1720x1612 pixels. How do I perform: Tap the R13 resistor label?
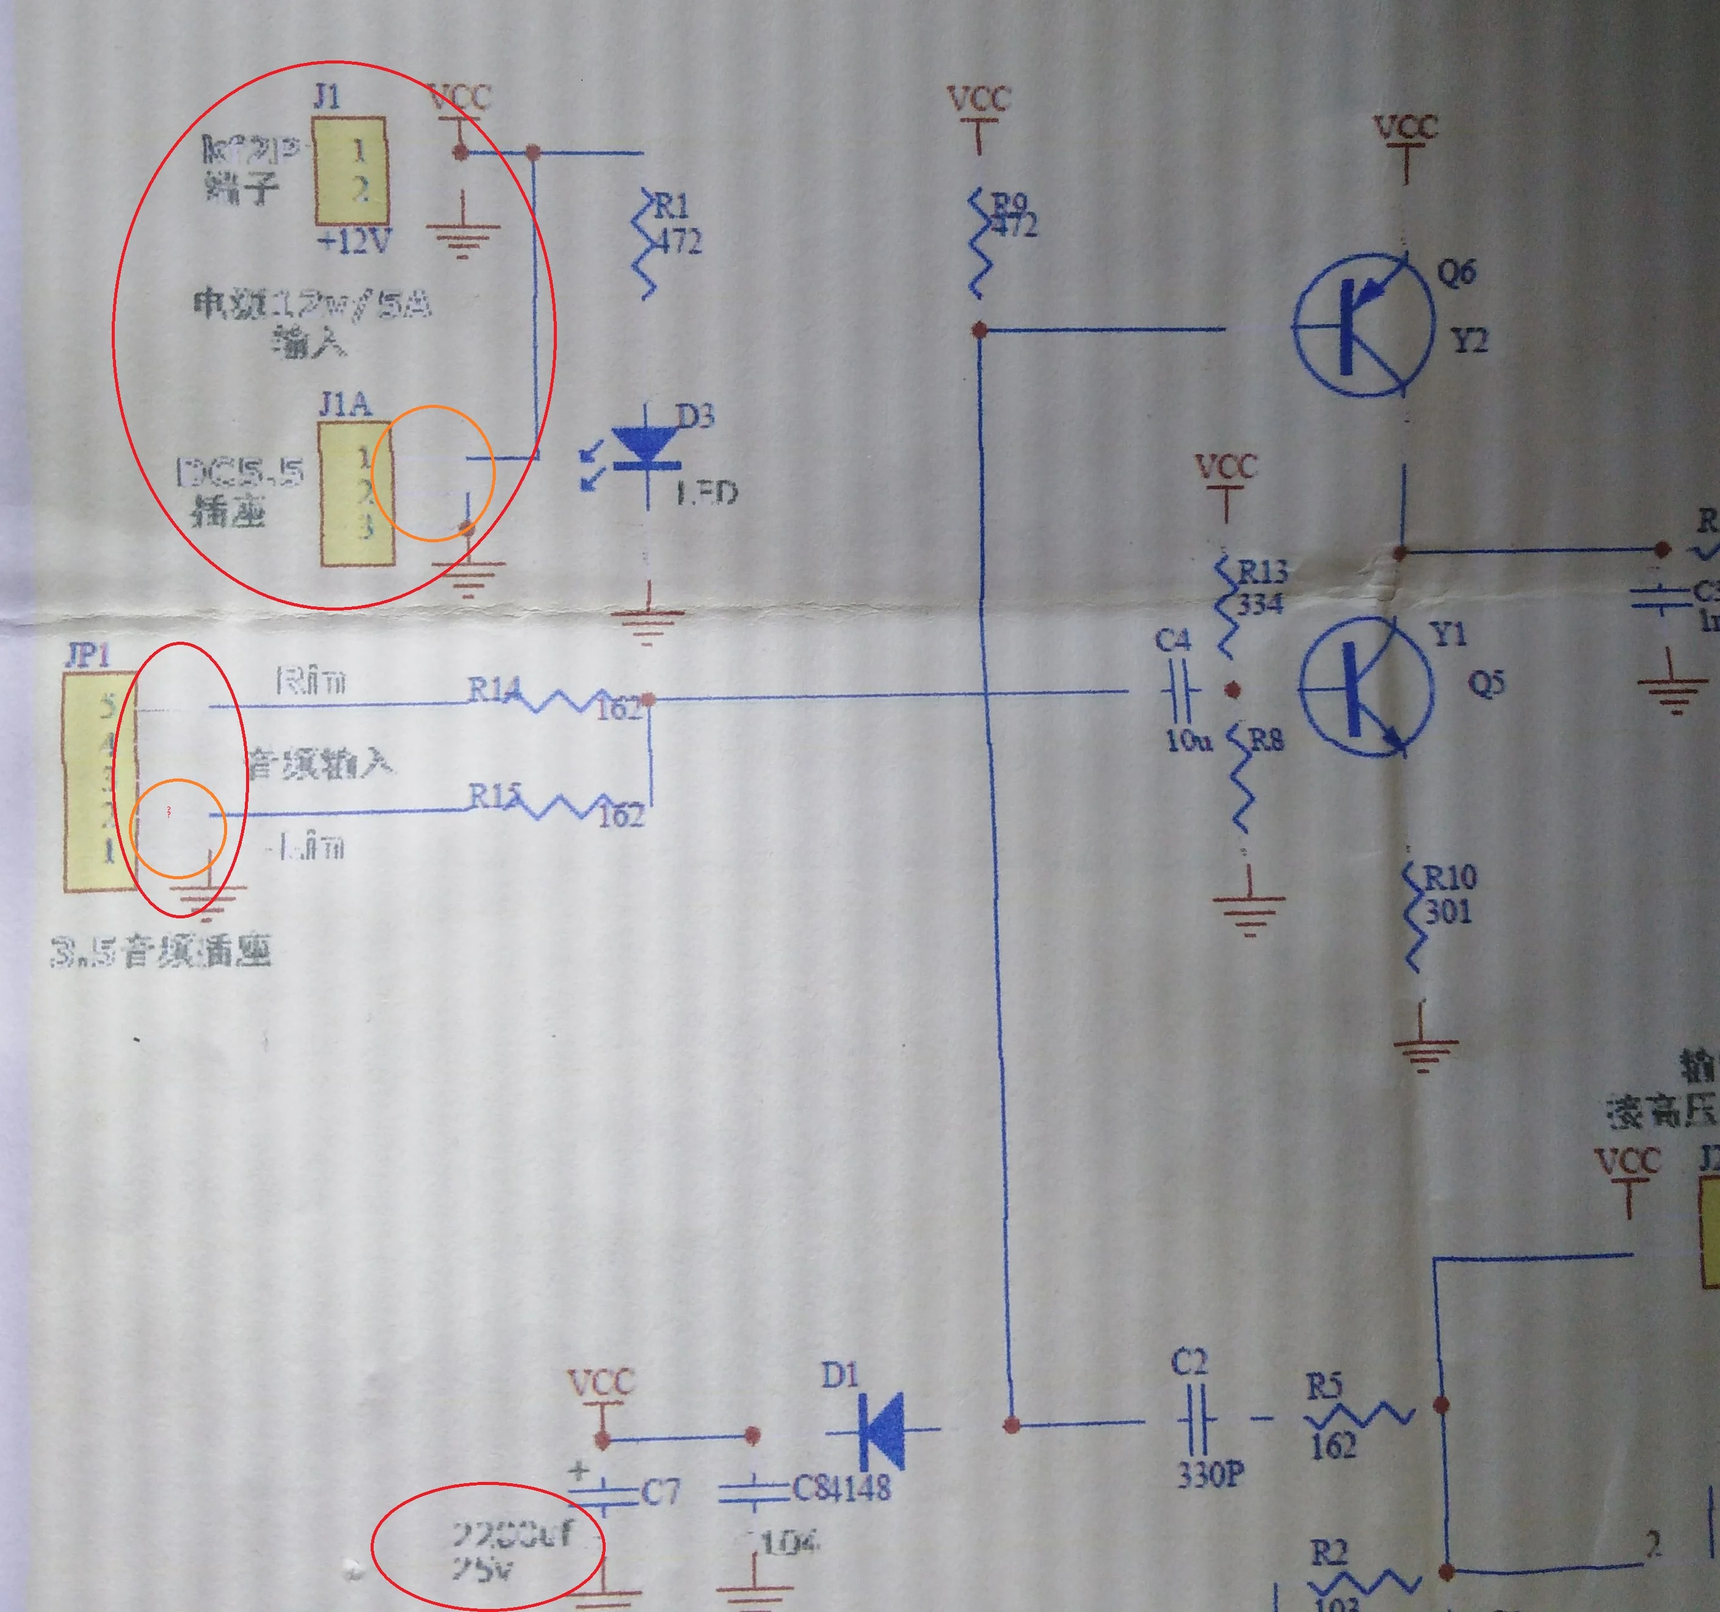click(1262, 571)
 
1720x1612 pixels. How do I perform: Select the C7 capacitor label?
click(660, 1492)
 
